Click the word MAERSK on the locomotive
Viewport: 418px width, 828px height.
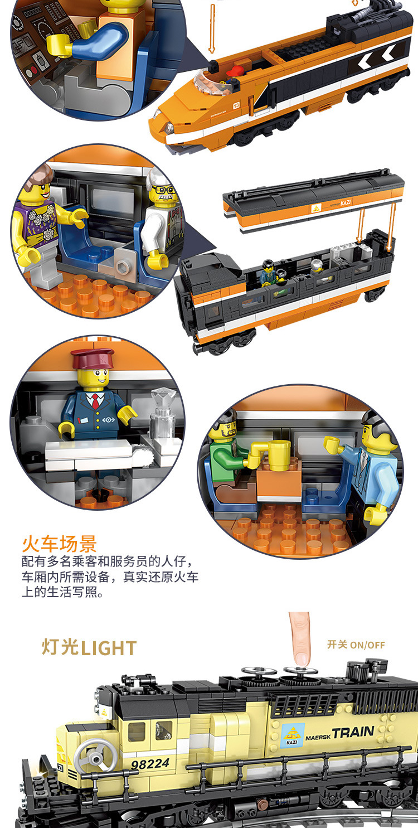coord(318,738)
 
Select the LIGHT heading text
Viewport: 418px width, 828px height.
coord(109,648)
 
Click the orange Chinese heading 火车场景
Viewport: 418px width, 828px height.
coord(59,543)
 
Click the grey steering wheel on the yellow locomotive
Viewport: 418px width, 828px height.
coord(95,755)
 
